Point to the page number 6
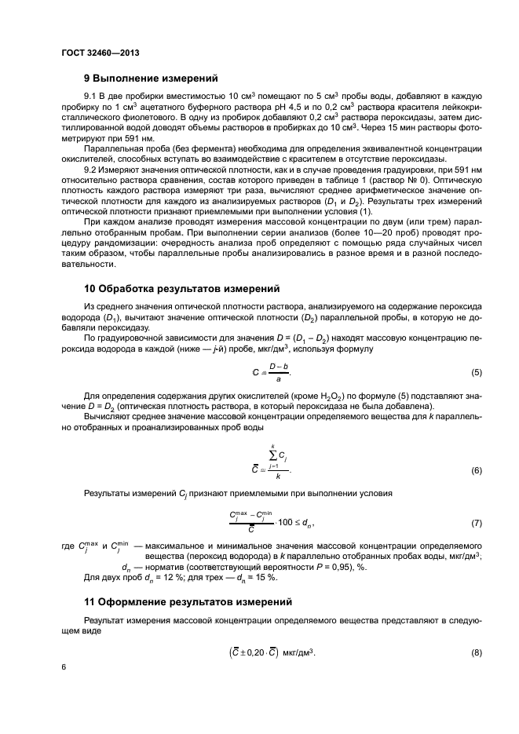coord(64,666)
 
